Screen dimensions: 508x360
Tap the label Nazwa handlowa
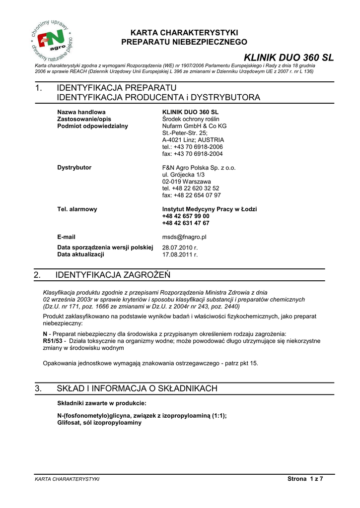(x=81, y=112)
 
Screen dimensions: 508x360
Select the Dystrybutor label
(x=74, y=168)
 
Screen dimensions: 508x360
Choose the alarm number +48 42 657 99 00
(x=186, y=216)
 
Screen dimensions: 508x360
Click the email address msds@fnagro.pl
(x=184, y=237)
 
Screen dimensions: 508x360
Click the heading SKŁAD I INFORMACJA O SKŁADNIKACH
(x=137, y=388)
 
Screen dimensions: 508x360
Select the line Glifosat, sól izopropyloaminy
(x=99, y=423)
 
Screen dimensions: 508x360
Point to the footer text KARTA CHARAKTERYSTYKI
(x=67, y=479)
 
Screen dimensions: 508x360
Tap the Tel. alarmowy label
(x=77, y=209)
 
